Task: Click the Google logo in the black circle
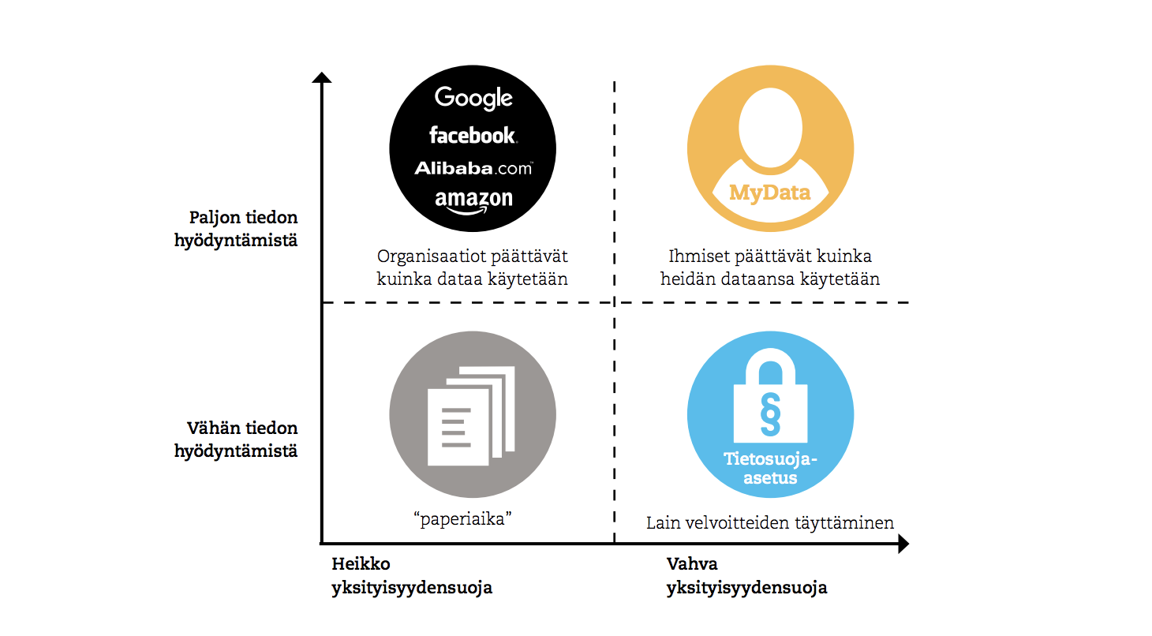(473, 98)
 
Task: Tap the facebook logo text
(473, 136)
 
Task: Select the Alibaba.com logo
(473, 167)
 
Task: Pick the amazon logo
(473, 200)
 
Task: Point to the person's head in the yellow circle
(769, 126)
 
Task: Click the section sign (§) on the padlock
(769, 413)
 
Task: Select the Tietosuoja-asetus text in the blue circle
(769, 469)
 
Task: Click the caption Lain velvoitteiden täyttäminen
(769, 522)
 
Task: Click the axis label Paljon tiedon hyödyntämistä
(236, 229)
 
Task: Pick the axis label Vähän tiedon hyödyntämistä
(236, 440)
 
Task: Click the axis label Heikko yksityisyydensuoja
(411, 576)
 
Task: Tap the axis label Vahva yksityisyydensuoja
(746, 576)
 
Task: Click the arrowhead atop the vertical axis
(321, 77)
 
